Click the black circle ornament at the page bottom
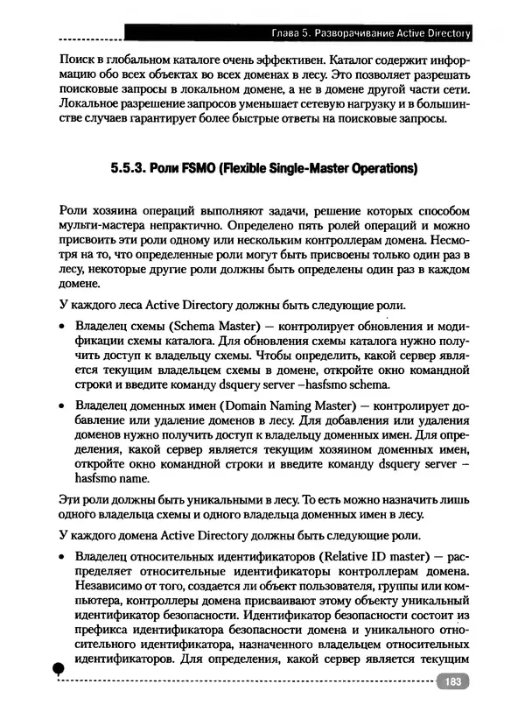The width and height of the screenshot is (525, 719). click(x=58, y=669)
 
